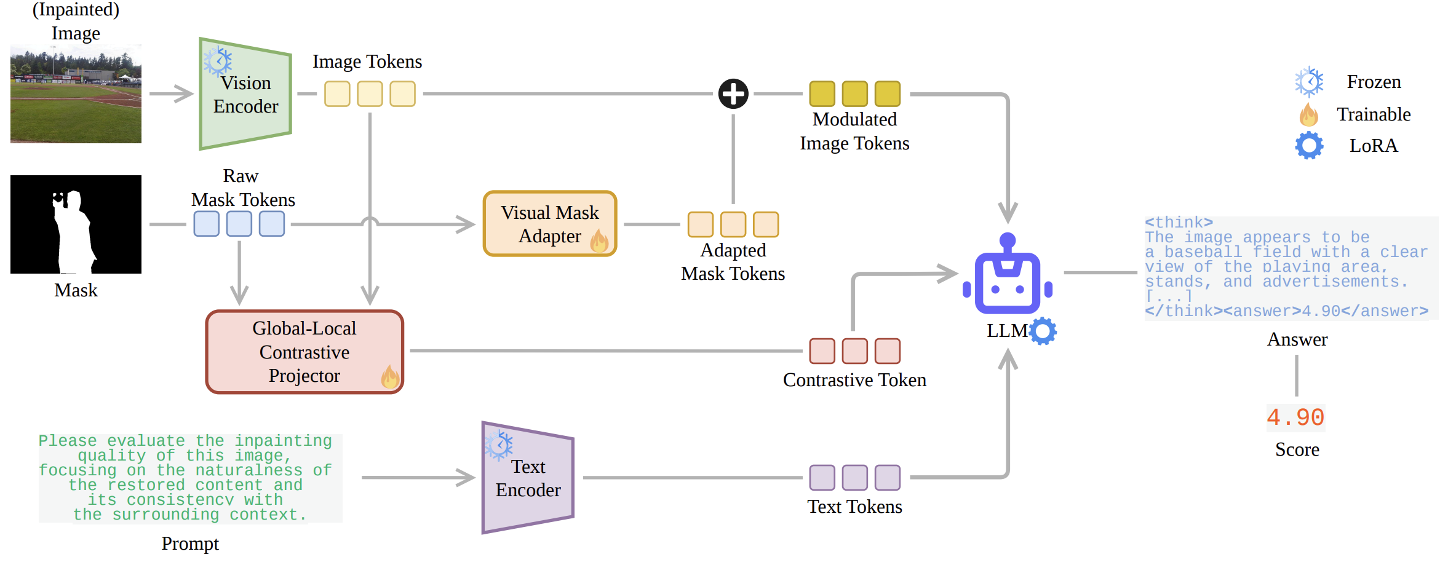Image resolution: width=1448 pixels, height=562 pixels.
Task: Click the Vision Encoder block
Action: pos(245,93)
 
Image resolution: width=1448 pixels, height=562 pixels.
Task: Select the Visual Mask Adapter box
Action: pos(550,224)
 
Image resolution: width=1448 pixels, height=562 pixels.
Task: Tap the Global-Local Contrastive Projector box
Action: pos(304,352)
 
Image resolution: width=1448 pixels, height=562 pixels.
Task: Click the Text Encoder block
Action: pos(528,478)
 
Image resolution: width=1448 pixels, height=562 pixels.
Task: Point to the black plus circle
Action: pos(733,94)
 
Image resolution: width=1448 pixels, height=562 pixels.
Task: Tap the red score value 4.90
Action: pos(1295,418)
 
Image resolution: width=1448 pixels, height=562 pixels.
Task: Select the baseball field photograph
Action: pos(76,94)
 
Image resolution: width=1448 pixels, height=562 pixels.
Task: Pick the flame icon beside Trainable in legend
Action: pos(1308,114)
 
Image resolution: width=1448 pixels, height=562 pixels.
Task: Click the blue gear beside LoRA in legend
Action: pos(1309,146)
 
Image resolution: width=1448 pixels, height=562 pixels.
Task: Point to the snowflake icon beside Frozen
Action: pos(1309,82)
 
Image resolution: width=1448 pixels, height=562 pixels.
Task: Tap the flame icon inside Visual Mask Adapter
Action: pos(599,240)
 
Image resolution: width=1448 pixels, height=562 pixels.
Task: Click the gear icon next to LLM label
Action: pos(1043,331)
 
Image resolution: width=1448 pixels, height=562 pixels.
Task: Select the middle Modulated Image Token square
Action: pos(854,94)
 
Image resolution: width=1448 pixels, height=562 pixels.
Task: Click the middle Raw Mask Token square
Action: pos(239,224)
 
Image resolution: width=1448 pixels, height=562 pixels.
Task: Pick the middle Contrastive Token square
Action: pos(854,351)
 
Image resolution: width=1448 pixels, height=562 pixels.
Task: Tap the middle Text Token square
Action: pos(854,478)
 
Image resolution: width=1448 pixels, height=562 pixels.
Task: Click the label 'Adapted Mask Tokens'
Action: pos(733,262)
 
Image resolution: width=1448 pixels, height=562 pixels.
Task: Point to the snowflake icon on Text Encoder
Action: pos(498,445)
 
